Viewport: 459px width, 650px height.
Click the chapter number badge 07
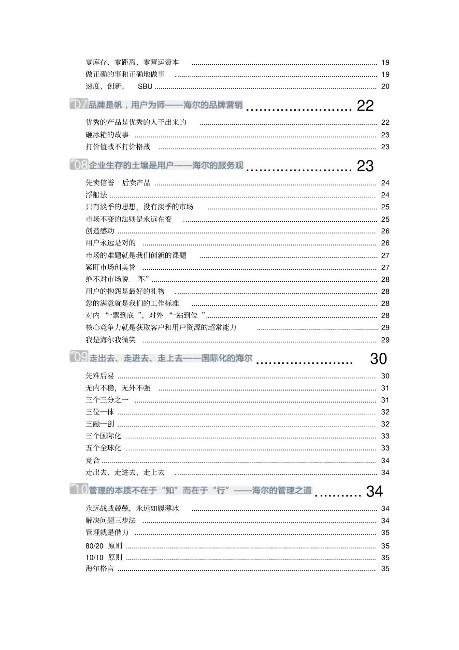coord(79,104)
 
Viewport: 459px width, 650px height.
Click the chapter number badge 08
coord(79,165)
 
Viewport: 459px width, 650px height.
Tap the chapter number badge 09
coord(79,358)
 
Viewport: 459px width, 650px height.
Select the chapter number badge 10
coord(79,490)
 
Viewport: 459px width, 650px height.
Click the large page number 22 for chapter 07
coord(365,106)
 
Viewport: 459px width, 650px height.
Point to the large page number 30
coord(378,359)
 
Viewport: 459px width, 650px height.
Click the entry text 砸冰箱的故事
coord(107,135)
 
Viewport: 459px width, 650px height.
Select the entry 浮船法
coord(96,195)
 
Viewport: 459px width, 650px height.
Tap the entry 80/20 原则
coord(104,546)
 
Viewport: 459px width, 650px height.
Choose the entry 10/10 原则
coord(104,557)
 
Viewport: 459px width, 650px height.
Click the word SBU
coord(145,87)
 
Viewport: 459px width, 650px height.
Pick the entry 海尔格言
coord(100,569)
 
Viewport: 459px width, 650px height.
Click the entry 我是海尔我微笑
coord(111,340)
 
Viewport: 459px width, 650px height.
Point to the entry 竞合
coord(93,461)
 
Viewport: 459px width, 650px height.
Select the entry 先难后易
coord(100,376)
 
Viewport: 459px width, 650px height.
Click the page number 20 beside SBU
coord(385,87)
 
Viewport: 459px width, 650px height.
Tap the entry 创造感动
coord(100,231)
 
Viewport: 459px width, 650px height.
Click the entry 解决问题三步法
coord(111,520)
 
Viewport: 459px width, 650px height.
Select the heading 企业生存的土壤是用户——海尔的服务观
coord(166,165)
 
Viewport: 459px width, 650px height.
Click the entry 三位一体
coord(100,412)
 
